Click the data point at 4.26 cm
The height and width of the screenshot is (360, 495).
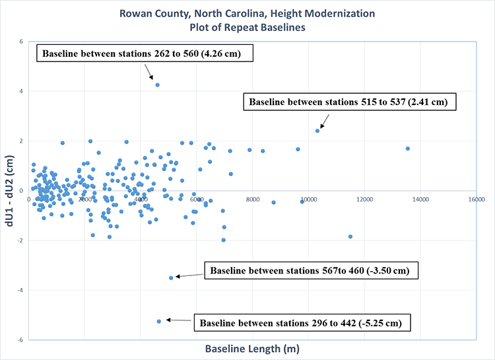click(x=157, y=85)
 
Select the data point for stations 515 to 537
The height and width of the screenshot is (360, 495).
click(x=317, y=131)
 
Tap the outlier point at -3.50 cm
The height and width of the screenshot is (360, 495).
click(x=171, y=277)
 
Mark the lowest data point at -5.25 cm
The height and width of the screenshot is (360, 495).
click(x=159, y=321)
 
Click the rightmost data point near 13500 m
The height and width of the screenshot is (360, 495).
click(x=408, y=149)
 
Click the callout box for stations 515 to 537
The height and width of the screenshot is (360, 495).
click(x=350, y=102)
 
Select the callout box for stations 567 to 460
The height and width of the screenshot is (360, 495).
click(x=313, y=271)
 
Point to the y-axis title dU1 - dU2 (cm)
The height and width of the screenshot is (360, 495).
click(x=11, y=190)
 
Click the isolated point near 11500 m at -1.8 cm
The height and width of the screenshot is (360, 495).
click(x=350, y=236)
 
